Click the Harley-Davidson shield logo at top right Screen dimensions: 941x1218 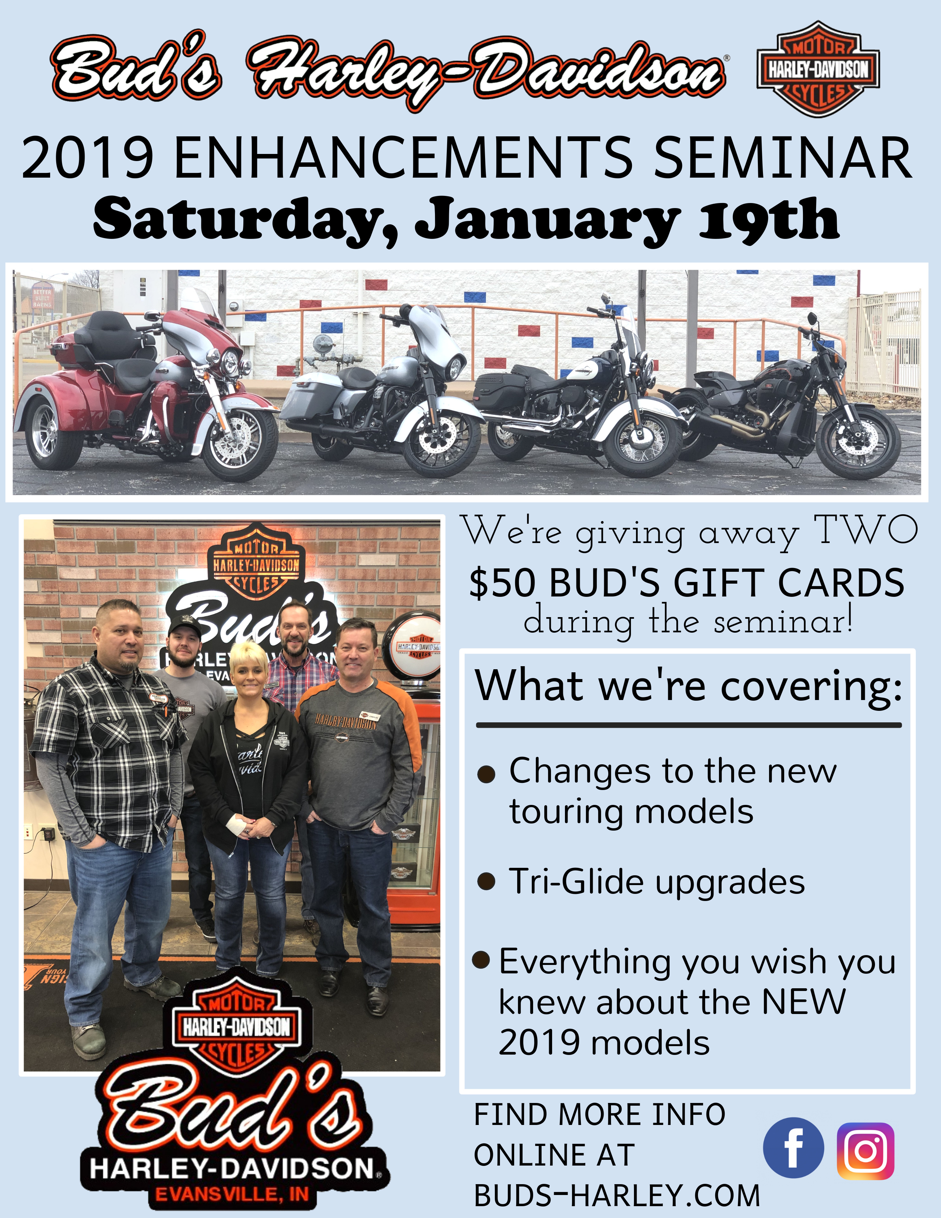[x=818, y=69]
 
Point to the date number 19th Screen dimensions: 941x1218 [x=769, y=219]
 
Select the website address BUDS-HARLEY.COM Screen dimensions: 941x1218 [x=617, y=1195]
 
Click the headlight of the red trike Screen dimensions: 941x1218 [x=229, y=362]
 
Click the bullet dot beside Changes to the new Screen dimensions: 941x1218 [x=486, y=774]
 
